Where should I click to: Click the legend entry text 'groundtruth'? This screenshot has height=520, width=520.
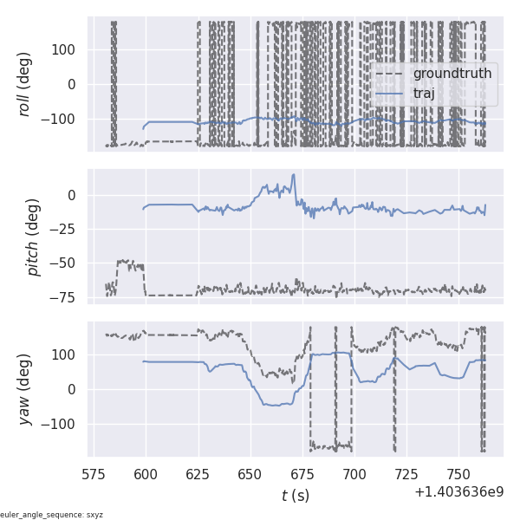click(x=452, y=74)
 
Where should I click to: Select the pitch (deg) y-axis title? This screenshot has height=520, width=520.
click(x=34, y=237)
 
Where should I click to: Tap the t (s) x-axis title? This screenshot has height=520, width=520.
click(x=295, y=496)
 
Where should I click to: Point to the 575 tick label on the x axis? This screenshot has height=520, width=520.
click(x=94, y=475)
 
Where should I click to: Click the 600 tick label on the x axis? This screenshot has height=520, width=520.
click(x=146, y=475)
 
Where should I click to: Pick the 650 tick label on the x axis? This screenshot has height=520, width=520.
click(x=250, y=475)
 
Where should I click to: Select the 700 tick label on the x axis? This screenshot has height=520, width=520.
click(x=354, y=475)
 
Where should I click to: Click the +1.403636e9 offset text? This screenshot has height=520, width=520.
click(x=458, y=491)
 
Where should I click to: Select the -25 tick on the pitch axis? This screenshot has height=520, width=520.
click(x=67, y=229)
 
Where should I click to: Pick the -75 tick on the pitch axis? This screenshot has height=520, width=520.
click(x=67, y=297)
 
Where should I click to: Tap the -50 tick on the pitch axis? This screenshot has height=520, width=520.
click(x=67, y=263)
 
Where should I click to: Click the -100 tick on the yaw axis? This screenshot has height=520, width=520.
click(x=63, y=424)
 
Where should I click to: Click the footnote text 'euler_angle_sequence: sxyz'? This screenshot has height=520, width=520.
click(x=52, y=515)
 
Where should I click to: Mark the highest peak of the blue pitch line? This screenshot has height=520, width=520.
click(x=294, y=174)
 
